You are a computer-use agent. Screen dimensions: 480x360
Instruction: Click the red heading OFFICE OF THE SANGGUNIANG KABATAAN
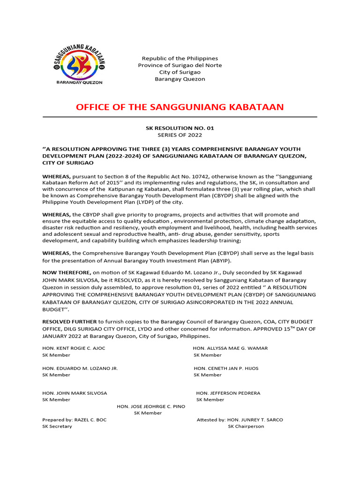[180, 107]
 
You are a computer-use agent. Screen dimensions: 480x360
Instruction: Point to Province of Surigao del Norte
[180, 65]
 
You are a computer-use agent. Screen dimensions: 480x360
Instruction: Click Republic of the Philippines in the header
[180, 58]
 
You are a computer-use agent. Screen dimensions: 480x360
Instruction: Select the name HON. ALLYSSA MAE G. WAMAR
[230, 348]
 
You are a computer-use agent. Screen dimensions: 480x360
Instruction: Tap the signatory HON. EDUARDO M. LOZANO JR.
[80, 368]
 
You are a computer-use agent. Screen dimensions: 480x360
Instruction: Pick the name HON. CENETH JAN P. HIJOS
[226, 368]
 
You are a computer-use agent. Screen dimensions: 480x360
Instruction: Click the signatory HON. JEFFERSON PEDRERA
[228, 393]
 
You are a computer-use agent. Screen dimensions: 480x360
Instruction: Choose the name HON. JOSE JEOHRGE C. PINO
[151, 406]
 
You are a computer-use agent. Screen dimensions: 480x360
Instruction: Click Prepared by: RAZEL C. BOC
[75, 420]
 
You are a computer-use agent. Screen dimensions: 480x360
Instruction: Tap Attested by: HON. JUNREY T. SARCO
[240, 420]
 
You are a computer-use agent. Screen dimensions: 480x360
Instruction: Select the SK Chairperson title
[246, 426]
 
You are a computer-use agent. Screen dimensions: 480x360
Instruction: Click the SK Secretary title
[57, 426]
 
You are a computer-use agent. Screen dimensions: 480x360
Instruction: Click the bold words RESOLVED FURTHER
[69, 322]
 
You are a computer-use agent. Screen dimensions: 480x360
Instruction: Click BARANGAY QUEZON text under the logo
[79, 82]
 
